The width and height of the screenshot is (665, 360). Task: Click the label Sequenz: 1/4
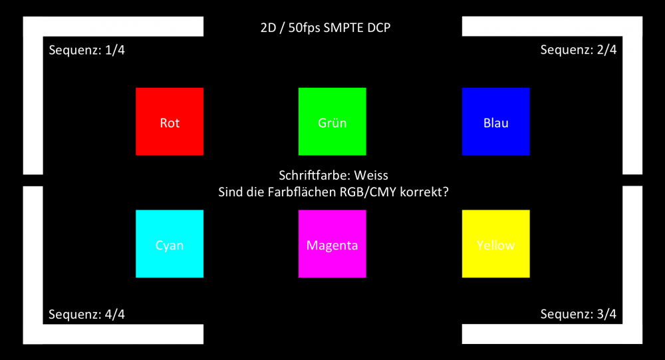[x=86, y=51]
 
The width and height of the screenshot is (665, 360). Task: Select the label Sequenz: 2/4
[x=579, y=50]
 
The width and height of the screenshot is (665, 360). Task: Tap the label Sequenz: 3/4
[x=579, y=314]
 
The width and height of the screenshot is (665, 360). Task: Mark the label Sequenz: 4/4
[x=86, y=314]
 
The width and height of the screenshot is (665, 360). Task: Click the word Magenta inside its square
[x=332, y=246]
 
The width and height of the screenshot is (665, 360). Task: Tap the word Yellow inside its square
[x=495, y=246]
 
